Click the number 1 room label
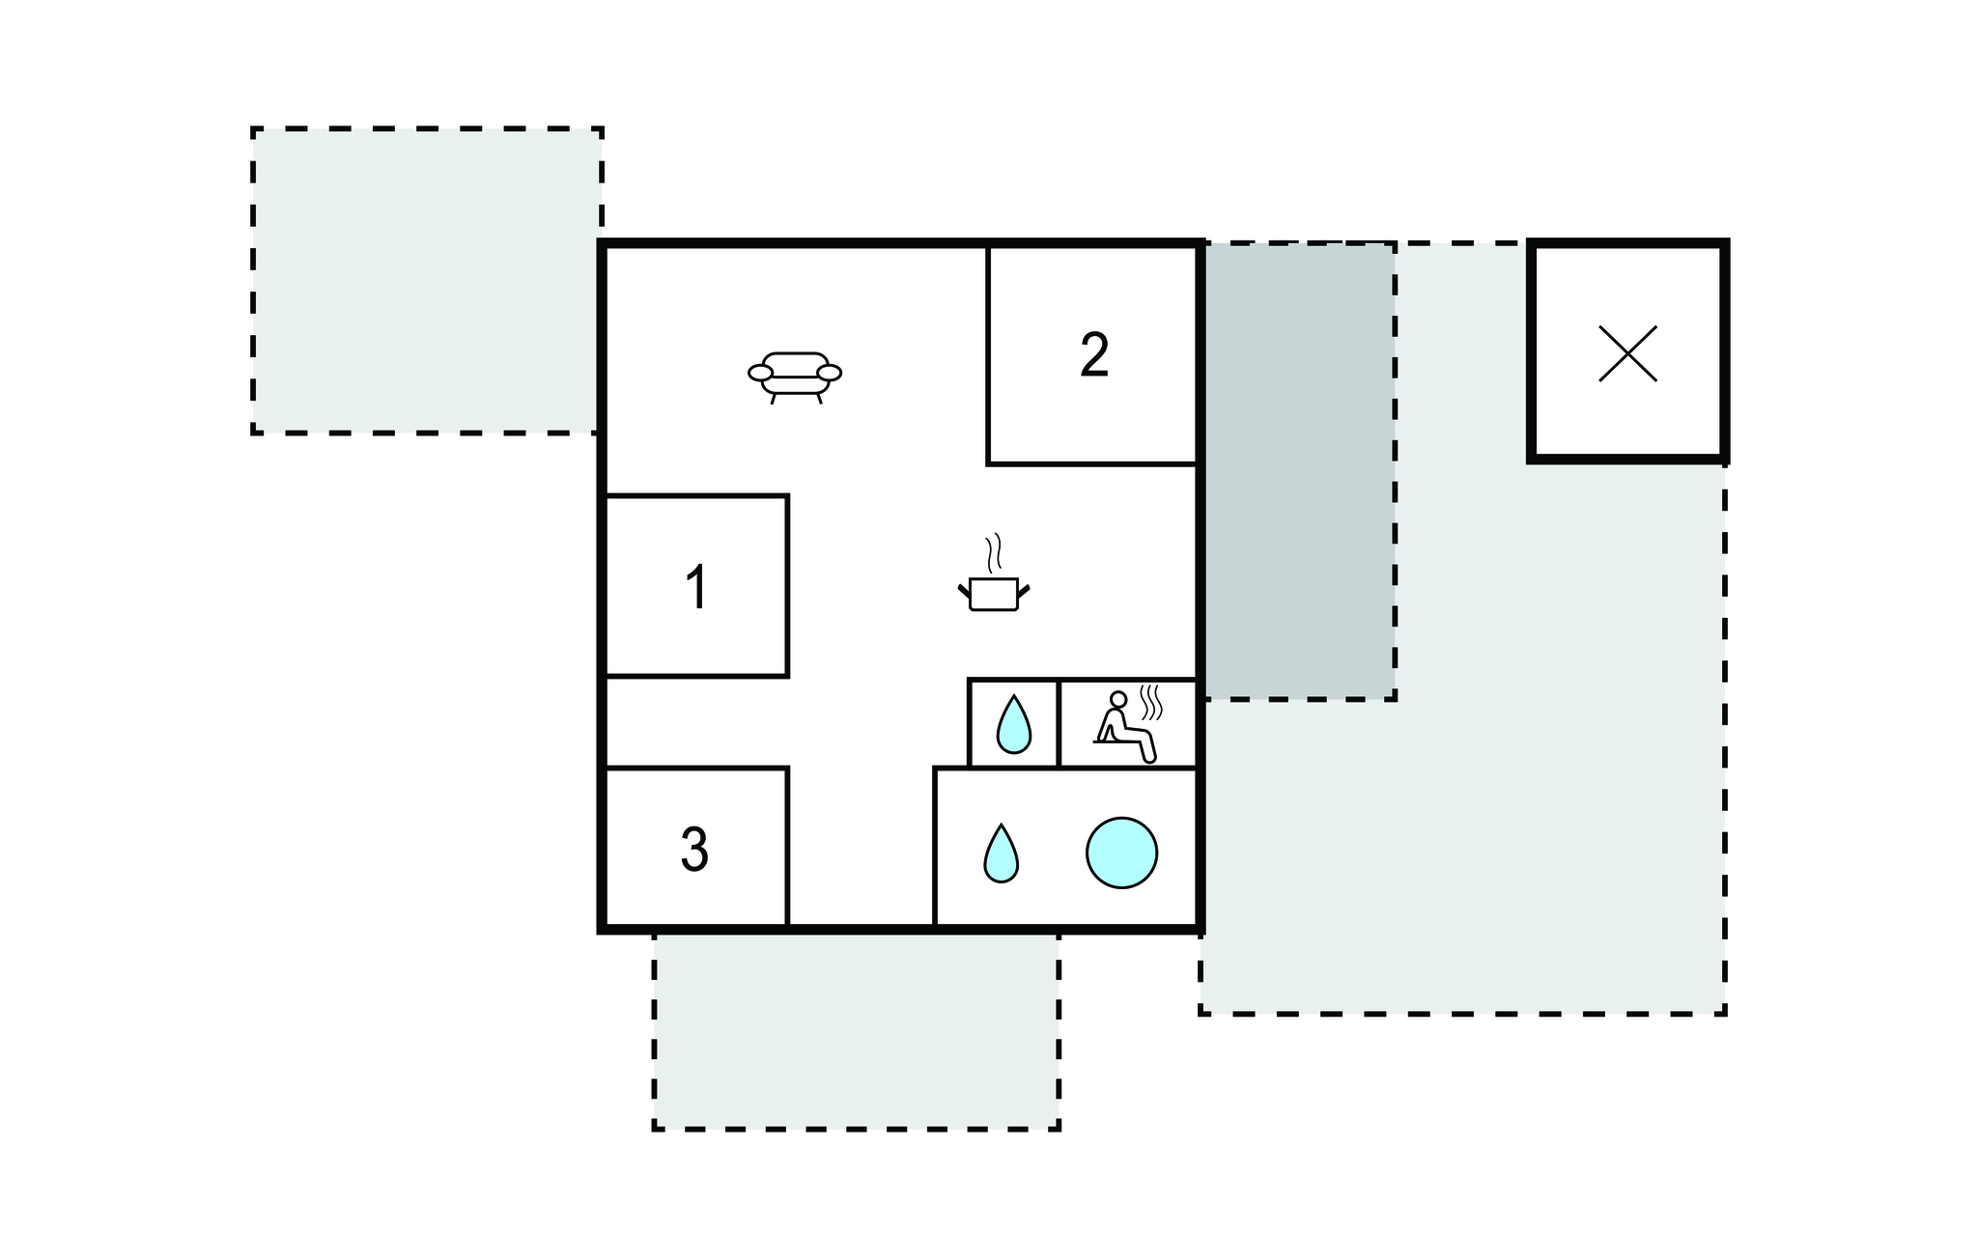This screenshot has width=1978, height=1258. point(696,587)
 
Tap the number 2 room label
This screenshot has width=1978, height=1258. point(1094,354)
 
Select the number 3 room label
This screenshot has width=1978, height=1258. point(694,850)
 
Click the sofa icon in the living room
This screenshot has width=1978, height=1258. point(795,377)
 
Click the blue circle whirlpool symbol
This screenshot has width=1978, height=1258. point(1121,853)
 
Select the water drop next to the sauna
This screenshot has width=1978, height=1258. point(1013,724)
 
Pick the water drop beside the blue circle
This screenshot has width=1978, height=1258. point(1001,853)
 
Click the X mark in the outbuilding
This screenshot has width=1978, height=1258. point(1627,353)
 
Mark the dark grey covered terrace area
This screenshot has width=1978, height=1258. point(1298,471)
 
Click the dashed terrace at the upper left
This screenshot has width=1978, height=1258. point(426,281)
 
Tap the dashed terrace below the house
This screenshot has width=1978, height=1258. point(856,1031)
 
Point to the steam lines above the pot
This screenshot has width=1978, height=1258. point(994,552)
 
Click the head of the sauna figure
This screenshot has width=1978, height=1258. point(1118,699)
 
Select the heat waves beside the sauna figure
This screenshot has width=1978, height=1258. point(1149,702)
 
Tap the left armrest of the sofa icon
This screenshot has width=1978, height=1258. point(761,373)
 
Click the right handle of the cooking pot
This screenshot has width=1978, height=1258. point(1025,590)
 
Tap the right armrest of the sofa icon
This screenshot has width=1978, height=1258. point(829,373)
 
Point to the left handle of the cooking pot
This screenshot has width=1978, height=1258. point(964,590)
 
